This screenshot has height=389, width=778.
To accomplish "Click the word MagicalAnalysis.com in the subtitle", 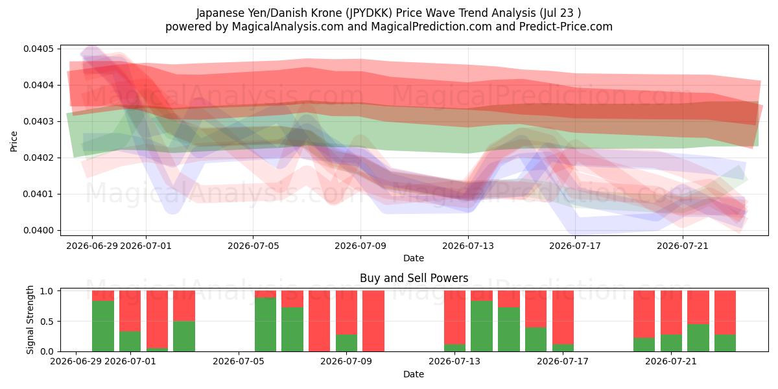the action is [288, 27].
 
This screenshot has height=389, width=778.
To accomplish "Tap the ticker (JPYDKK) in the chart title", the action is [368, 13].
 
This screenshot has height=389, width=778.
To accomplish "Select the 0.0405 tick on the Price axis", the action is [38, 49].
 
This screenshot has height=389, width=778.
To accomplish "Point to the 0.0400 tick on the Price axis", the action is [38, 230].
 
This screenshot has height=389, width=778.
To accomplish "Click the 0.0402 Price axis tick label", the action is [38, 158].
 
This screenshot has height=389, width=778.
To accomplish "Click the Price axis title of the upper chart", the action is [14, 141].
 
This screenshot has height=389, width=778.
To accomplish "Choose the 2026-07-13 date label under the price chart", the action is [468, 246].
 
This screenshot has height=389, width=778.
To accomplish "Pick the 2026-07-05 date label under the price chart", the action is [253, 246].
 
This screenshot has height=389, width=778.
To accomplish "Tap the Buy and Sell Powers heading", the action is [414, 278].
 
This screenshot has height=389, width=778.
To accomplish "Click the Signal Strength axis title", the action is [30, 320].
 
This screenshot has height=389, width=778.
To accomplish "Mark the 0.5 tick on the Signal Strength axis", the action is [47, 322].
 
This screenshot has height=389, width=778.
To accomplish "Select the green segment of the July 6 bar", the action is [265, 325].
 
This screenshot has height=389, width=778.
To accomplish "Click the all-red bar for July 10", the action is [373, 321].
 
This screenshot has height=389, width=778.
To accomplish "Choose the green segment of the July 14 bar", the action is [482, 326].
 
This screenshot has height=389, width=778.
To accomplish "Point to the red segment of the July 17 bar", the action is [563, 318].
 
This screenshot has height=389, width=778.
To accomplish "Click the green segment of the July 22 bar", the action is [698, 338].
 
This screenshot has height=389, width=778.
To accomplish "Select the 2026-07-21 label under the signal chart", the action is [671, 362].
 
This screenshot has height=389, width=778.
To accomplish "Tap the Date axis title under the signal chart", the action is [414, 374].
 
